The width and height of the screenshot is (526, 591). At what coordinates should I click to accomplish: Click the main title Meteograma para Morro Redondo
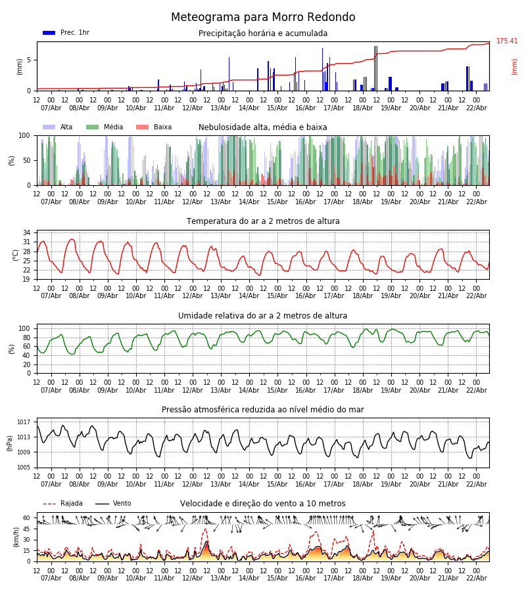[263, 18]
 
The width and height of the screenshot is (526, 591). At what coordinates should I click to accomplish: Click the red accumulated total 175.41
[507, 41]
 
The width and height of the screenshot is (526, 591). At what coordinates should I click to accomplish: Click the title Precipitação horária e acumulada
[263, 33]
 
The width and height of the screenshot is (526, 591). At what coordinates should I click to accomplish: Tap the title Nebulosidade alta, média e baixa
[263, 127]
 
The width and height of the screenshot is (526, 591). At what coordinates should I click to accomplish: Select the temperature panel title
[263, 221]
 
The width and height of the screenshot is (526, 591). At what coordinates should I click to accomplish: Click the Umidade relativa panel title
[263, 316]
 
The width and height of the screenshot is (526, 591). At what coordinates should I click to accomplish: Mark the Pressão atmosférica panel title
[263, 410]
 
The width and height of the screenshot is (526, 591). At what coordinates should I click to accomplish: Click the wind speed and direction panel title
[263, 504]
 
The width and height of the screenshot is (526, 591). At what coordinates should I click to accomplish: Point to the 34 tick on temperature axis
[27, 233]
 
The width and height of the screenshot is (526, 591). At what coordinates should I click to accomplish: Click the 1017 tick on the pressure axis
[24, 422]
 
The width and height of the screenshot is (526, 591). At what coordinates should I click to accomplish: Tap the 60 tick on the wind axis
[27, 517]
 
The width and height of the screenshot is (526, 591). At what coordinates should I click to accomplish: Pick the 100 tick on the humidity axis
[25, 328]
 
